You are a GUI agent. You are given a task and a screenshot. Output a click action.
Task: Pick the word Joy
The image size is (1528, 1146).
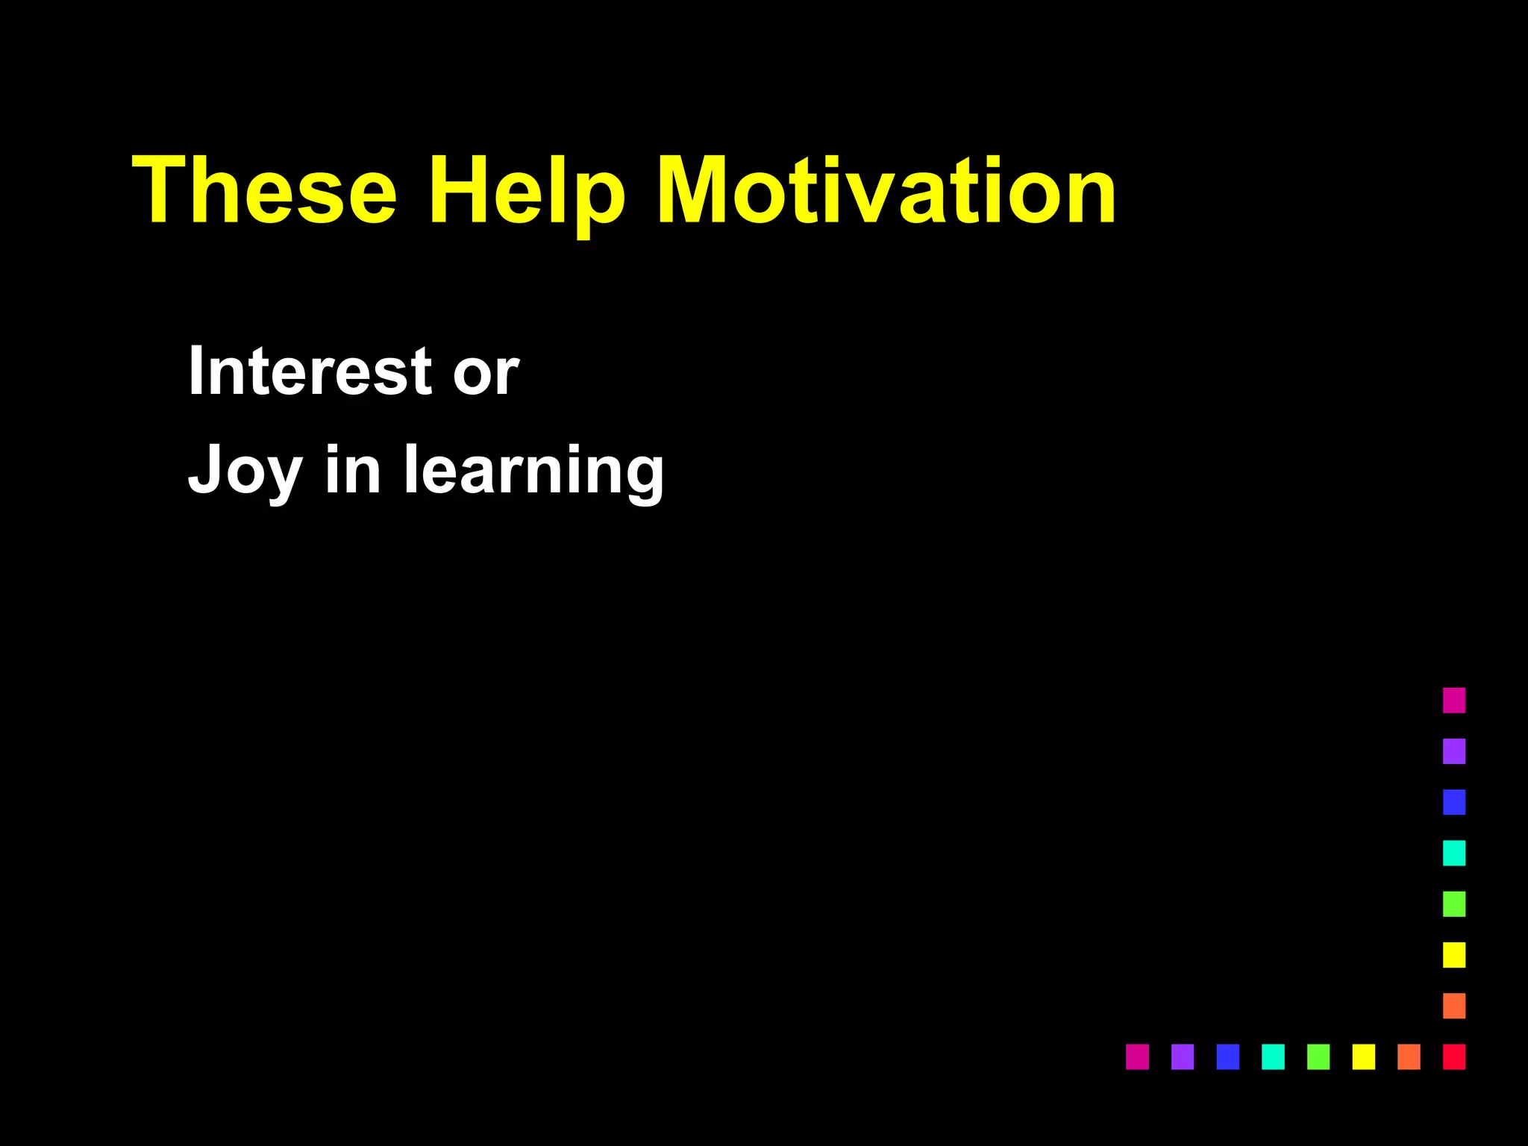point(245,471)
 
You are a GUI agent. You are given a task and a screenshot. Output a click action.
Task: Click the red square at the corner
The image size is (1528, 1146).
point(1454,1056)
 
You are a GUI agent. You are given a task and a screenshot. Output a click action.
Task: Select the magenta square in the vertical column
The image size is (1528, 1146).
point(1454,701)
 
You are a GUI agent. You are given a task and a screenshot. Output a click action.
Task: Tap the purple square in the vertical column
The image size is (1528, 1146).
point(1454,751)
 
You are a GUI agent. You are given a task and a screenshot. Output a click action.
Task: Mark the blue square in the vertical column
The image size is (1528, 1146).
point(1454,802)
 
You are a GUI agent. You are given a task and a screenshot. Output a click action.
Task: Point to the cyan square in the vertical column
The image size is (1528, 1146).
point(1454,853)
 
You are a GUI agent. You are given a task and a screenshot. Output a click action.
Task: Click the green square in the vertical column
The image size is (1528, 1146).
point(1454,904)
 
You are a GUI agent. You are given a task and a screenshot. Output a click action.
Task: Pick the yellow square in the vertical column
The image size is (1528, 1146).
point(1454,955)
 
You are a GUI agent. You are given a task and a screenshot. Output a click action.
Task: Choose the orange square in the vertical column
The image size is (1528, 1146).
point(1454,1006)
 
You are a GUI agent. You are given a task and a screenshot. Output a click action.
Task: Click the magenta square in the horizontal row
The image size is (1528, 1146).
point(1137,1056)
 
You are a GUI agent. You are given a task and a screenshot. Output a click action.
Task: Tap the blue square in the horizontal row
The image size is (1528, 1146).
point(1228,1056)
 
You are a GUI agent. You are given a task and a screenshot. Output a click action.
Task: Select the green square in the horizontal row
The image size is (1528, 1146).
point(1318,1056)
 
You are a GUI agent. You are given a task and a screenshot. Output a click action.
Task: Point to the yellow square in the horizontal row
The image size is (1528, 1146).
point(1364,1056)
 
